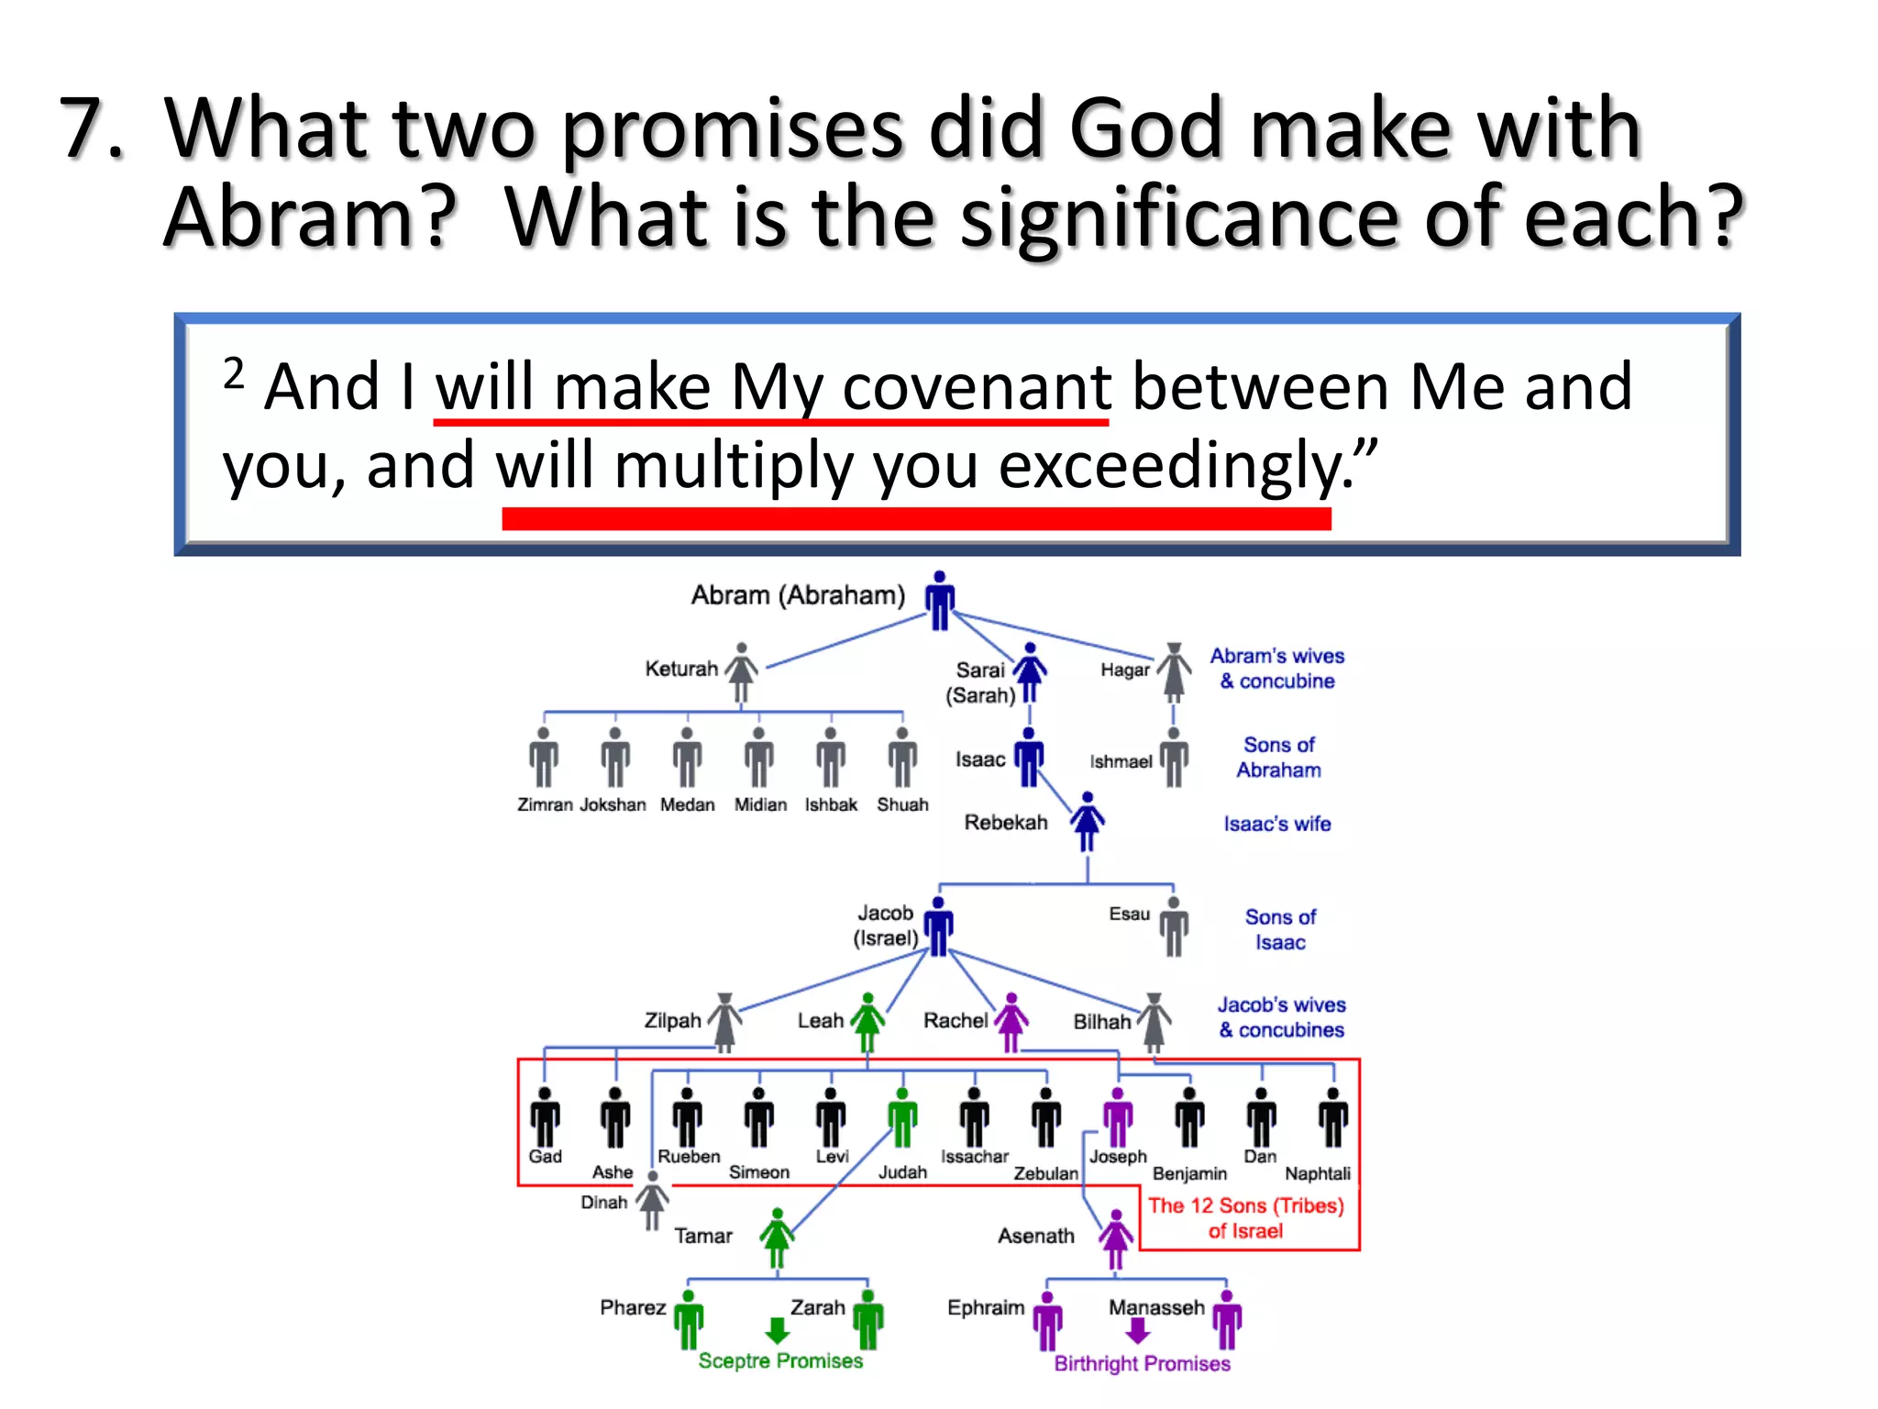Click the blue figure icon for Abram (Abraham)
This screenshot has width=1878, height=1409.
coord(939,602)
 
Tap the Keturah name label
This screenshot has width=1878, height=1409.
coord(680,669)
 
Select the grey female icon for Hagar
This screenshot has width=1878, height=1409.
coord(1173,672)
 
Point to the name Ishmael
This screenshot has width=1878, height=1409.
coord(1120,761)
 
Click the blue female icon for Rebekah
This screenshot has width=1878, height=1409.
coord(1088,822)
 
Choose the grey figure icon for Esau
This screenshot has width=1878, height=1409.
coord(1174,926)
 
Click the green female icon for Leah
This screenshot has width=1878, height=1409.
coord(867,1022)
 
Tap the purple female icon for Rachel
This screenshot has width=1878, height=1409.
coord(1011,1022)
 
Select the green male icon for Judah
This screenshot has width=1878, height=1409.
coord(902,1117)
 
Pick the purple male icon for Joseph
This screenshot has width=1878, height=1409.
coord(1117,1117)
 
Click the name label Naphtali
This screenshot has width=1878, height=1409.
coord(1317,1173)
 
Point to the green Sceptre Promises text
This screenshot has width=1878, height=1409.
coord(780,1360)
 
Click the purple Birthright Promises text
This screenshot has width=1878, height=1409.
coord(1142,1363)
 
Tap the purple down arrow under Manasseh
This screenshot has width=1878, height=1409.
coord(1137,1331)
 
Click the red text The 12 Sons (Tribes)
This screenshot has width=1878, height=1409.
coord(1245,1205)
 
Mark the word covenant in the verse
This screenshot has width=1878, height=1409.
coord(977,387)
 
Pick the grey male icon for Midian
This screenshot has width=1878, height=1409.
coord(758,758)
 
